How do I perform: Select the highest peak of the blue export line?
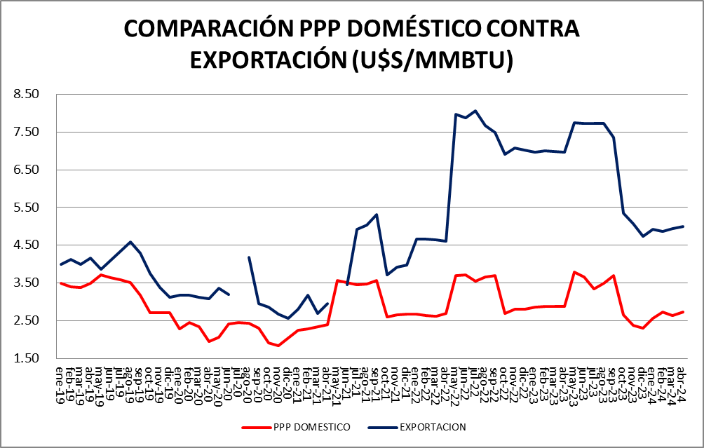click(x=475, y=111)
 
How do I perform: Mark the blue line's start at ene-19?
click(x=61, y=264)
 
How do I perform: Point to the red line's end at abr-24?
click(x=683, y=312)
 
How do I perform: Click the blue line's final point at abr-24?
click(x=683, y=226)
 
